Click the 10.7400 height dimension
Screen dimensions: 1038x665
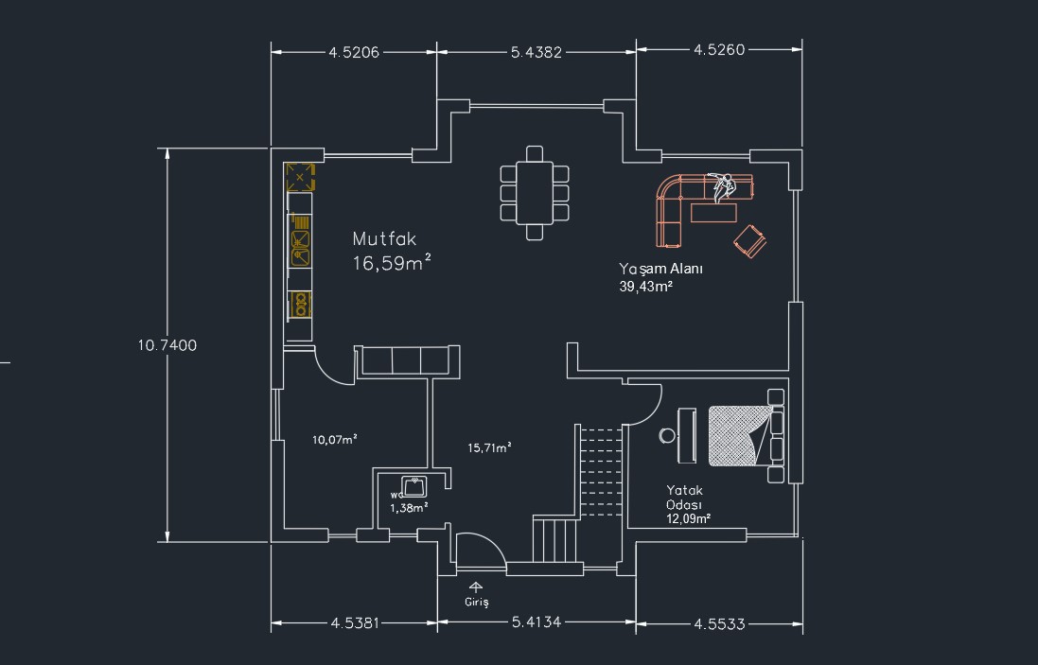click(x=167, y=345)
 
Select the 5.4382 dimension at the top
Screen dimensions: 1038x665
click(x=537, y=52)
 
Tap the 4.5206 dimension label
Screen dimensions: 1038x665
click(x=354, y=52)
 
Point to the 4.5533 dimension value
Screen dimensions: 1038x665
click(x=719, y=624)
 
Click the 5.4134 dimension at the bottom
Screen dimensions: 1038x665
click(x=537, y=622)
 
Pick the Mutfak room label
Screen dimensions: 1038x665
click(x=384, y=239)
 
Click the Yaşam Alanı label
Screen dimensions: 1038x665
click(x=660, y=269)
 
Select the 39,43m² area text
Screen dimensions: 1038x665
click(x=646, y=287)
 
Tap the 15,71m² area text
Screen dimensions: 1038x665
click(x=489, y=448)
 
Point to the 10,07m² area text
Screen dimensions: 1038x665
click(x=335, y=439)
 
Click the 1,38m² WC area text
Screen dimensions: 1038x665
click(x=409, y=508)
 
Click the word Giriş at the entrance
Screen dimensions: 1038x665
click(x=477, y=603)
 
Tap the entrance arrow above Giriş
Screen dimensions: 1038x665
click(x=475, y=586)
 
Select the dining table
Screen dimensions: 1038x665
click(x=535, y=193)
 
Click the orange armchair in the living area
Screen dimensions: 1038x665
click(x=750, y=241)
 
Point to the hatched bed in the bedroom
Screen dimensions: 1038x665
click(x=740, y=436)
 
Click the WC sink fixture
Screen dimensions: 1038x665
click(x=414, y=486)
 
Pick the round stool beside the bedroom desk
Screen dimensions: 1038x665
click(x=667, y=435)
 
